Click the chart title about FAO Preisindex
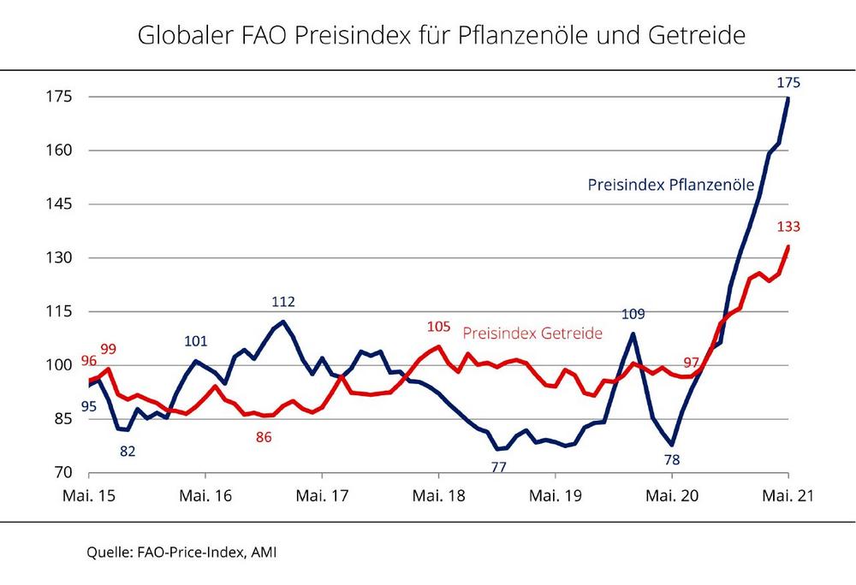coord(441,36)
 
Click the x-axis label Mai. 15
coord(89,496)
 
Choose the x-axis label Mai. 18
coord(438,496)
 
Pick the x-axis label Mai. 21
coord(787,496)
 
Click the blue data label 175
coord(788,82)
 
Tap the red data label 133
coord(788,227)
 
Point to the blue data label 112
coord(283,301)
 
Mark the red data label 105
coord(438,327)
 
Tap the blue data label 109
coord(633,314)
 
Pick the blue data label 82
coord(128,450)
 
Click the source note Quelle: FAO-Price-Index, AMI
coord(182,552)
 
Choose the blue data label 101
coord(196,341)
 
